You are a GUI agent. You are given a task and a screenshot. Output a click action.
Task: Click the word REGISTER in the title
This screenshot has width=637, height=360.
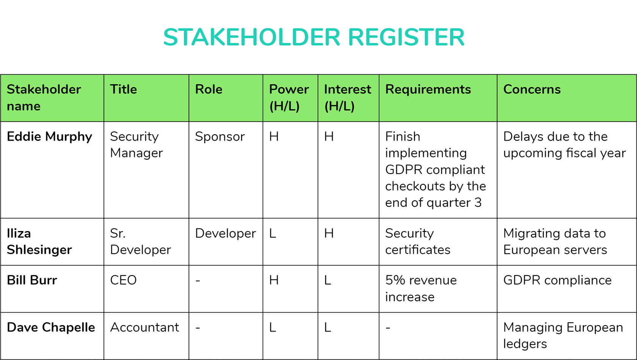406,37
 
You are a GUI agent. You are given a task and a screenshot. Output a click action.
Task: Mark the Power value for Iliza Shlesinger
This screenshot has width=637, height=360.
273,233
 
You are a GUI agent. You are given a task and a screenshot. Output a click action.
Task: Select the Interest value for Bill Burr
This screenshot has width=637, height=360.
328,280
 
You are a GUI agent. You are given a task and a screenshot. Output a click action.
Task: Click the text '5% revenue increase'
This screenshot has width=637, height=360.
421,289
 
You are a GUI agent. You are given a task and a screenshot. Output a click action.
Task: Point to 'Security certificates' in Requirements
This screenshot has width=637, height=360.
418,242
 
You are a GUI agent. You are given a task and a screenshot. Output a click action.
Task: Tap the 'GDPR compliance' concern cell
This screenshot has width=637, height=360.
557,281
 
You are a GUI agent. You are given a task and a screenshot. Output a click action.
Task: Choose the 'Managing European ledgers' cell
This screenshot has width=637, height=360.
563,335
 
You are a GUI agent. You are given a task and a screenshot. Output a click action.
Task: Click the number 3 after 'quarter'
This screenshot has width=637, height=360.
478,203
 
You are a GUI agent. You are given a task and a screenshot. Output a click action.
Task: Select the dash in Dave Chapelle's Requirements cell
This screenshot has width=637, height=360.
388,328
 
